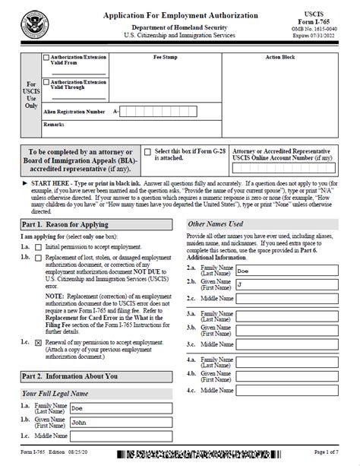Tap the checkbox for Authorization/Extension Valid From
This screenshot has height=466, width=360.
coord(47,57)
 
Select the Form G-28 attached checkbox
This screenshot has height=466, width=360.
coord(149,153)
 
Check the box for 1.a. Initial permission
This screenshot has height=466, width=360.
coord(39,248)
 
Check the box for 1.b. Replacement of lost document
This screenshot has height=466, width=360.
coord(39,259)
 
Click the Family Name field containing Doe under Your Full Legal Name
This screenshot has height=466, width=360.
coord(123,408)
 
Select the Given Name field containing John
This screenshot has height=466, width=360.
coord(123,423)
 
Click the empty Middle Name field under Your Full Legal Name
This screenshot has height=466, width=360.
coord(123,437)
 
